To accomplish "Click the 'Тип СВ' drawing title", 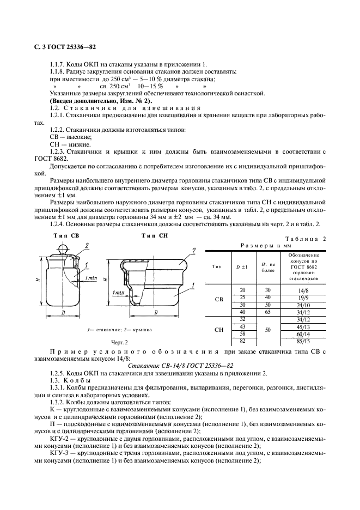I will [x=66, y=235].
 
